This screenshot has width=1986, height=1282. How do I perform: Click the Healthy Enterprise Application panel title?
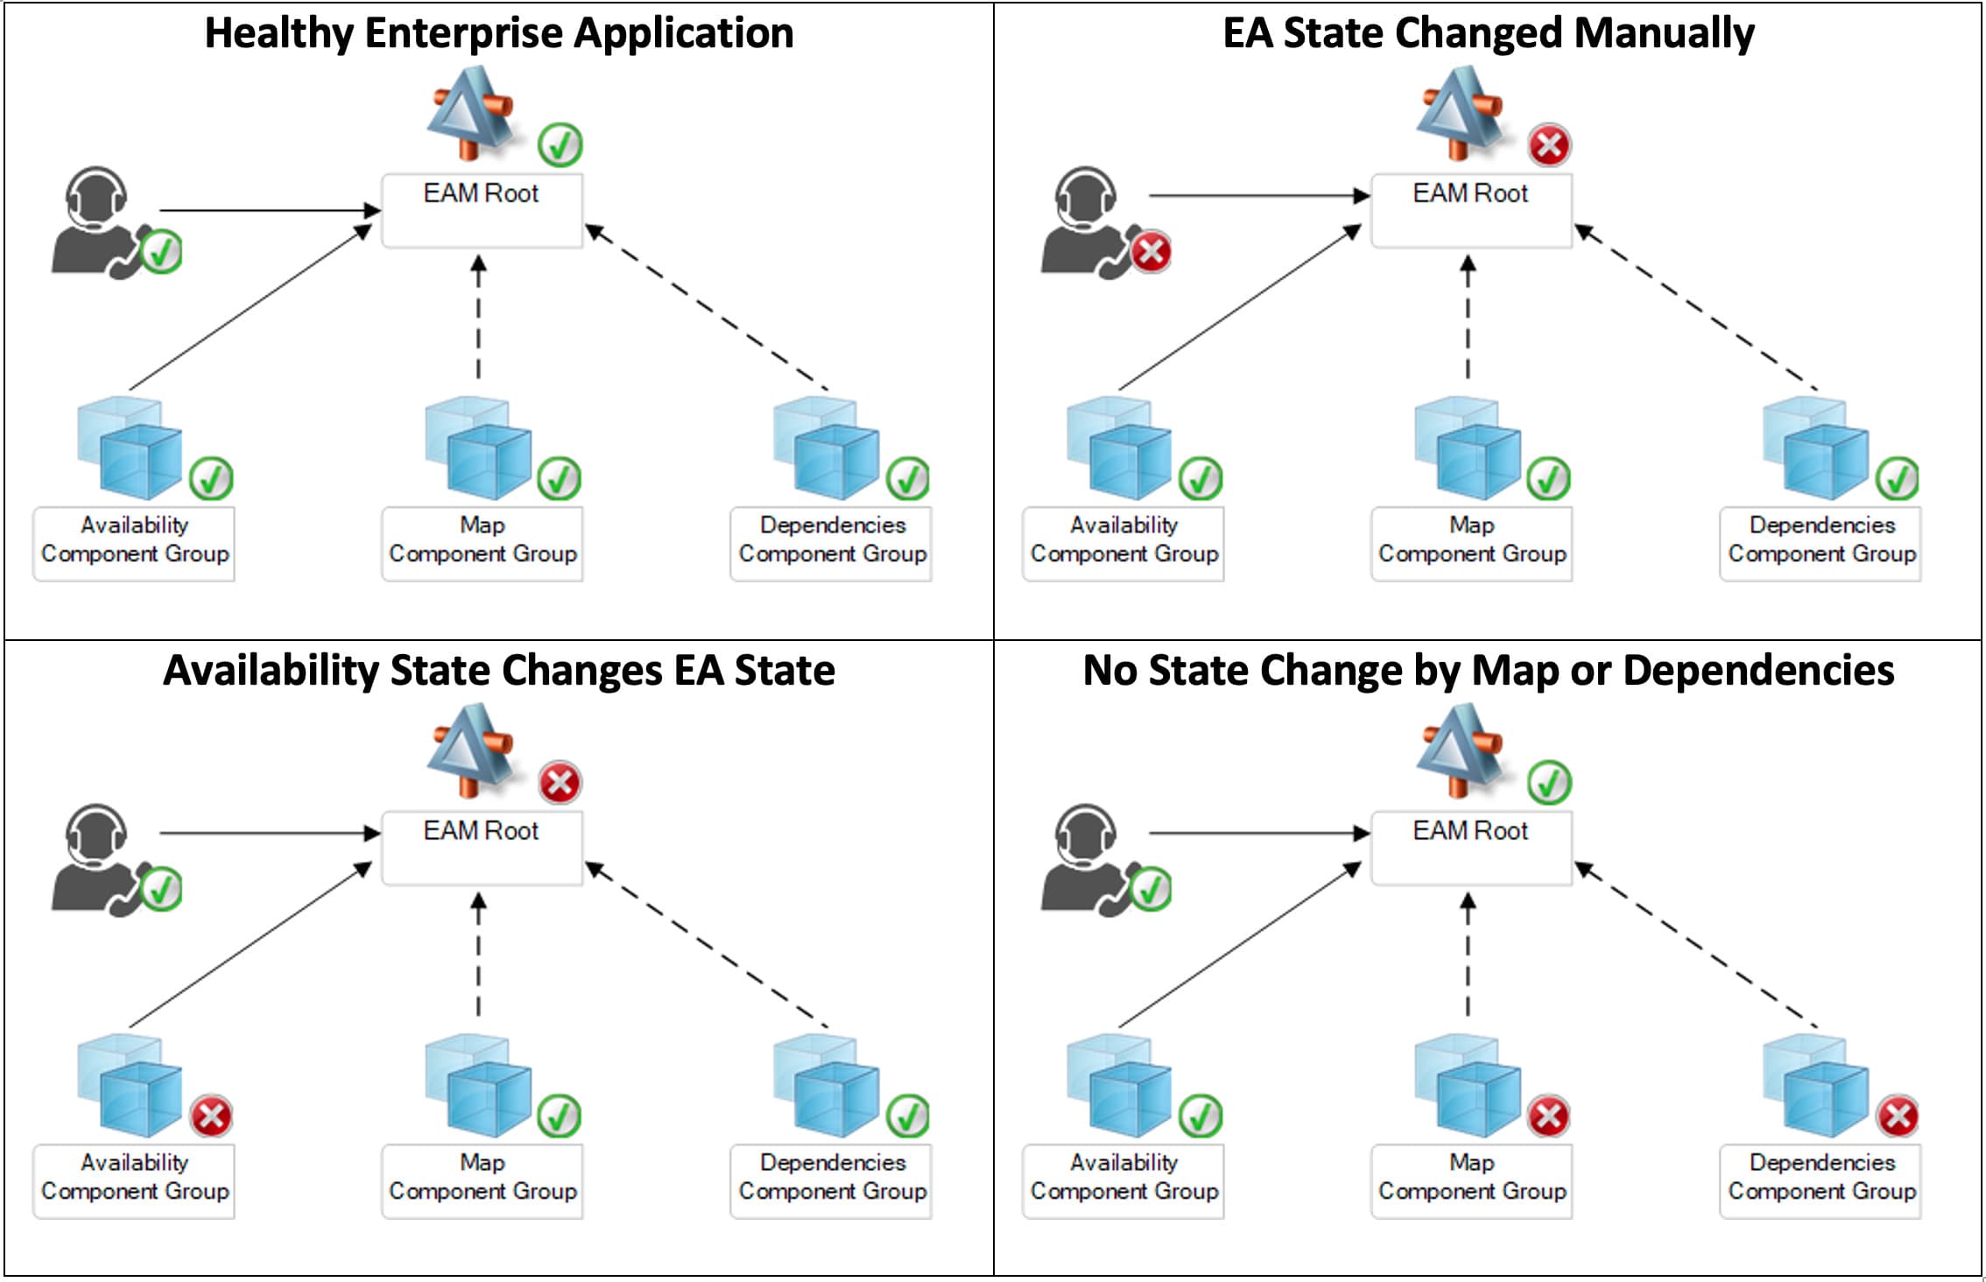499,33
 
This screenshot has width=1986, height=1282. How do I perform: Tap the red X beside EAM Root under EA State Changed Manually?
1549,145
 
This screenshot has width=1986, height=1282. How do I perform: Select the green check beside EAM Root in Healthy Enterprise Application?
560,145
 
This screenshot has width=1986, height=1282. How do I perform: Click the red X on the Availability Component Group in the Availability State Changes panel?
211,1116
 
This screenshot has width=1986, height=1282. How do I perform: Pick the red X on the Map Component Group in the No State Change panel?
1548,1116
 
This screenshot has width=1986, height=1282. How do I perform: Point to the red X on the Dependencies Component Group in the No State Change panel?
1898,1116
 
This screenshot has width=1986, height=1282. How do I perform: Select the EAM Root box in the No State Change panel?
1471,848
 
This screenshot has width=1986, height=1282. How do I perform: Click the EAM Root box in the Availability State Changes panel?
482,848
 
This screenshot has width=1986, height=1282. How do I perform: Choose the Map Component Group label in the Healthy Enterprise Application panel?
482,540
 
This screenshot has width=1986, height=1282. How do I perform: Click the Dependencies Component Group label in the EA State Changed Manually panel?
1821,540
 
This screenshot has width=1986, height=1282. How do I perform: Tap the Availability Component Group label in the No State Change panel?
1123,1178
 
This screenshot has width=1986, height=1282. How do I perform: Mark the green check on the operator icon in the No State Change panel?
1151,890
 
